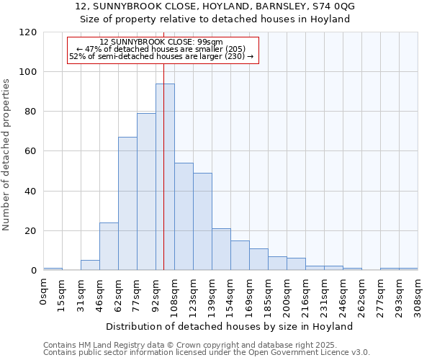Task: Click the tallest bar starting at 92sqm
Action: [x=165, y=177]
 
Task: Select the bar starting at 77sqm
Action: [x=146, y=192]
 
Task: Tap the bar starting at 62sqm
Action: [x=127, y=204]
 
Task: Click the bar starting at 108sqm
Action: [x=184, y=217]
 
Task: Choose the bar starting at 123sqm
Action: [x=202, y=222]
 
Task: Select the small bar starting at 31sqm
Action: [x=90, y=265]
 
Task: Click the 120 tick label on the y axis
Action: [x=28, y=32]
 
